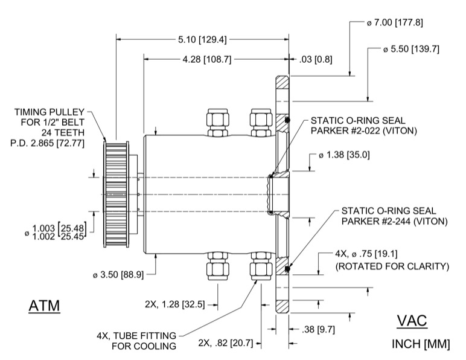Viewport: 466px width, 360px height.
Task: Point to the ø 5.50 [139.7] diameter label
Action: (x=410, y=49)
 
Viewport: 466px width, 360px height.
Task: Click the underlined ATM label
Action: (x=45, y=306)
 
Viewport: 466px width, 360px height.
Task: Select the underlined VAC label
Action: (x=412, y=321)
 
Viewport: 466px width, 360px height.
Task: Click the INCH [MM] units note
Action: (x=421, y=344)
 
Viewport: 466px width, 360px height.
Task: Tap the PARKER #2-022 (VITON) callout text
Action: (x=360, y=130)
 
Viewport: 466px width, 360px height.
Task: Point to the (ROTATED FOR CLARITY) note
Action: (x=392, y=266)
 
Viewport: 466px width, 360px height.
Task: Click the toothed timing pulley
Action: (x=115, y=194)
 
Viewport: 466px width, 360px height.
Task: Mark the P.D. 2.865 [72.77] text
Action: (x=47, y=143)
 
